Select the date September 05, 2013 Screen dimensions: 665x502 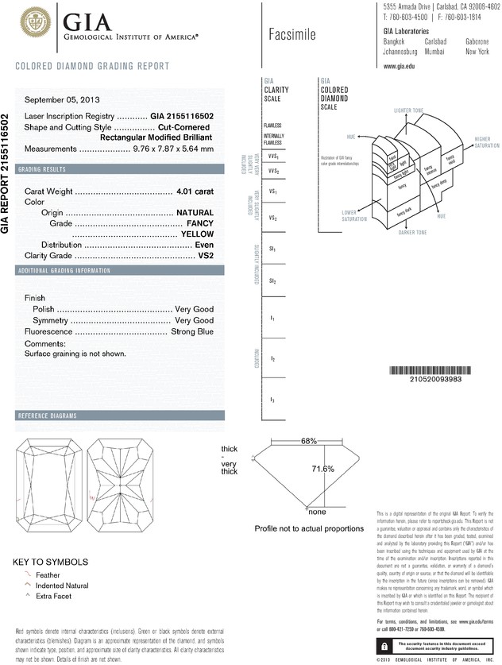pyautogui.click(x=63, y=100)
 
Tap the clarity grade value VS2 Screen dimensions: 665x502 pyautogui.click(x=208, y=256)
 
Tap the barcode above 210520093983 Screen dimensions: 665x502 pyautogui.click(x=434, y=370)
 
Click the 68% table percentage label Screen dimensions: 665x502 pyautogui.click(x=309, y=440)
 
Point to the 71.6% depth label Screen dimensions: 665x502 pyautogui.click(x=321, y=469)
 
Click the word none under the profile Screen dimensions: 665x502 pyautogui.click(x=317, y=512)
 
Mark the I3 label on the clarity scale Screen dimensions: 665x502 pyautogui.click(x=272, y=399)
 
